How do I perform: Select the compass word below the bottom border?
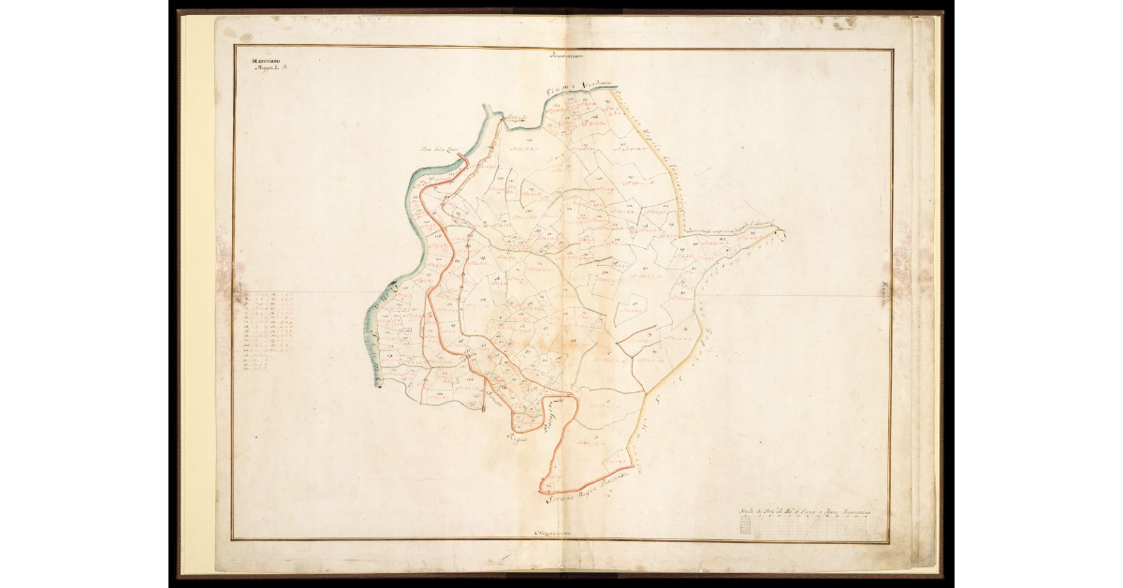(551, 534)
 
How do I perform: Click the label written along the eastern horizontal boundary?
(730, 227)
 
